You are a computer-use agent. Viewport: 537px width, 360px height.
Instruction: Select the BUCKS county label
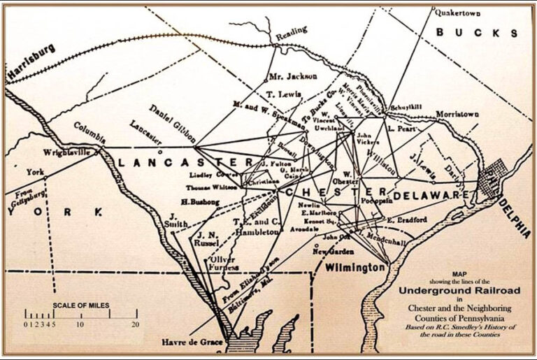(x=477, y=33)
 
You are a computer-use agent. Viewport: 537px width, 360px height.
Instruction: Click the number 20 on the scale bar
(x=135, y=325)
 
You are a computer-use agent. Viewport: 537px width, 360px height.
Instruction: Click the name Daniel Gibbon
(x=167, y=120)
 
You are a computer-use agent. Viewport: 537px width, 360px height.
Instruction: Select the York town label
(x=35, y=171)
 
